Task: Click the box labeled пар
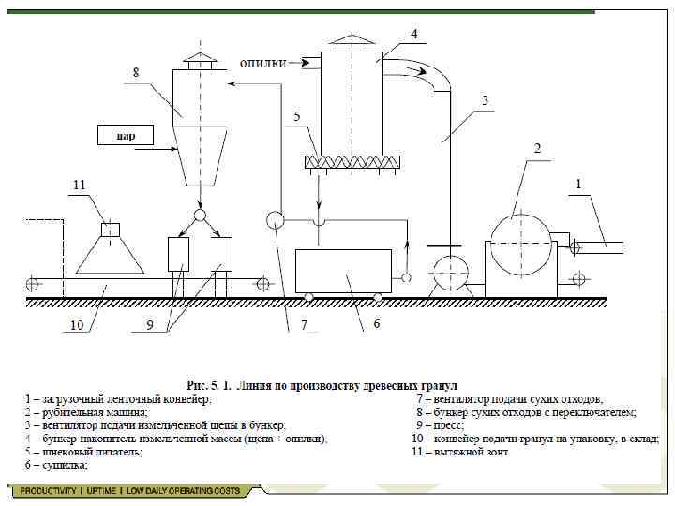(x=126, y=135)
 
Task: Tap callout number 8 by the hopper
(x=137, y=71)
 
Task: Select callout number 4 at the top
(x=413, y=33)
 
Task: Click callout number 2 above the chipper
(x=537, y=148)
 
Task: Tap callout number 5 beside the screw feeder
(x=296, y=117)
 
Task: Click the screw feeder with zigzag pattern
(x=352, y=162)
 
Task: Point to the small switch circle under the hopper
(x=200, y=216)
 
